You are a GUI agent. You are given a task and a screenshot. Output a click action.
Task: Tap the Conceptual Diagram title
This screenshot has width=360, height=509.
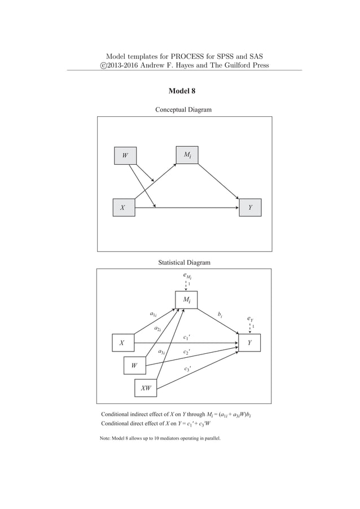183,109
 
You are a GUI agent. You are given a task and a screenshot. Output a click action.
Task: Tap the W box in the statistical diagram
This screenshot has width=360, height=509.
134,365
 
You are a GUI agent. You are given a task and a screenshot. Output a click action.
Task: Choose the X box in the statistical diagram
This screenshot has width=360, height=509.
122,343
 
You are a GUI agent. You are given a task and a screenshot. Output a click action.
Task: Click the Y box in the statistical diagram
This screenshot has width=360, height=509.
249,343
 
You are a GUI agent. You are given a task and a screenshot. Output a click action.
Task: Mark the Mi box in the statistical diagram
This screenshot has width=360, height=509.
186,300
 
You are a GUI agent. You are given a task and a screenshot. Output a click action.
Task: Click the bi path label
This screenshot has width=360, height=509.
220,314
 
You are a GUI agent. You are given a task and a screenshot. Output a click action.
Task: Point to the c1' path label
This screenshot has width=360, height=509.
187,338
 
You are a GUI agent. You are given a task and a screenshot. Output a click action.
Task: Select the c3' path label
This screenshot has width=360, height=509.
187,369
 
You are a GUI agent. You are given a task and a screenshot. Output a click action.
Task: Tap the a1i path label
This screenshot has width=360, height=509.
153,314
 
